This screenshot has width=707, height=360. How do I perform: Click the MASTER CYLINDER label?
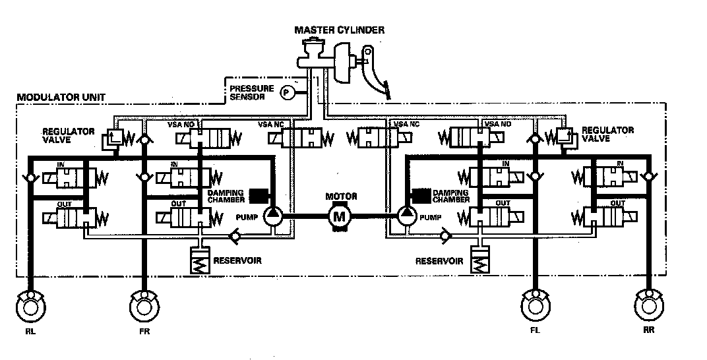click(340, 30)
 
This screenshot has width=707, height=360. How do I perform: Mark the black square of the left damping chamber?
click(258, 195)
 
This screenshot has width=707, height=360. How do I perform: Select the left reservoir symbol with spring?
click(199, 262)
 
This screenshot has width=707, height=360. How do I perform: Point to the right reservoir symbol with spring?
click(480, 262)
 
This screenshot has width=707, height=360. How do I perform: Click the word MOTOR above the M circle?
click(341, 196)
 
